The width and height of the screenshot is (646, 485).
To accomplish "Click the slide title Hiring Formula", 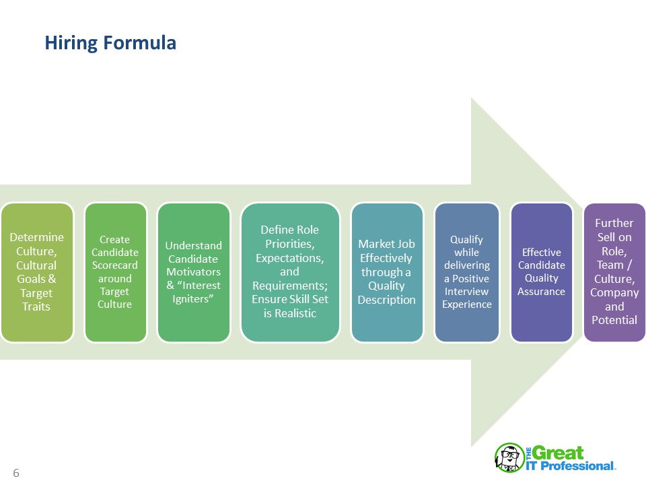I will (x=110, y=43).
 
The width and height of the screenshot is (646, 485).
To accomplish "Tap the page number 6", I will (x=16, y=473).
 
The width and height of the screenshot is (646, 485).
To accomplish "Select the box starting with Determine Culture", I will (x=36, y=271).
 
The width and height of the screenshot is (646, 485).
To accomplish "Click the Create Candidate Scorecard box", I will (x=115, y=271).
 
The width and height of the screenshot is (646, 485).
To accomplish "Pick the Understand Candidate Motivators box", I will (x=193, y=271).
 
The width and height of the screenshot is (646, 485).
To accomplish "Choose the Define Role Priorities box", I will (x=289, y=271).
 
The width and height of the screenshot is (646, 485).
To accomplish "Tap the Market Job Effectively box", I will (x=387, y=271).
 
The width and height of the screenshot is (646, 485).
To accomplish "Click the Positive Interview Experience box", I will (x=467, y=271).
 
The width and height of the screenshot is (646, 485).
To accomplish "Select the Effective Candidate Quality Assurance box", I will (x=542, y=271).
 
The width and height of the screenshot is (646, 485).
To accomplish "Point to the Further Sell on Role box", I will (x=614, y=271).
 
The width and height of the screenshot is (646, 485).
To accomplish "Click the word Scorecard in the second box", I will (x=115, y=265).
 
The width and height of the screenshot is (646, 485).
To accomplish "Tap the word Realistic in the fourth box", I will (x=289, y=313).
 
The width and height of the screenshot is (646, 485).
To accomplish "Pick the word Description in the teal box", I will (x=387, y=300).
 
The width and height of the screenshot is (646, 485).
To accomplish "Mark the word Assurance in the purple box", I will (x=542, y=291).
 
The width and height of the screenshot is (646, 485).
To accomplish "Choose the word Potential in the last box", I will (x=614, y=320).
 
